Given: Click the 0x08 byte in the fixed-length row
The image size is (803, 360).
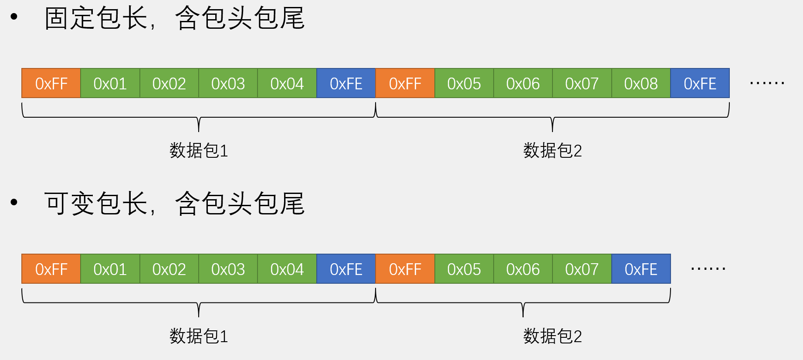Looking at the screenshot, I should coord(640,83).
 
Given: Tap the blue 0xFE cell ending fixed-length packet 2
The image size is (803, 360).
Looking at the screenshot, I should coord(700,83).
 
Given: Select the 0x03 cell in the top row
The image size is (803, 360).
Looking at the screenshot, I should coord(228,83).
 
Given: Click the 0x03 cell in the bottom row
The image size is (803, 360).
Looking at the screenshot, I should coord(228,269).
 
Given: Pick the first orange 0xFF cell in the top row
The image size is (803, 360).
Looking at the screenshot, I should coord(51,83).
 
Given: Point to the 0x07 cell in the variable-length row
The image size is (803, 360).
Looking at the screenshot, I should coord(582,269).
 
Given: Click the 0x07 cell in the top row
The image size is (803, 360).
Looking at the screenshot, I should coord(582,83).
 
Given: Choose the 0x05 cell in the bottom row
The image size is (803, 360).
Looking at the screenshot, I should coord(464,269).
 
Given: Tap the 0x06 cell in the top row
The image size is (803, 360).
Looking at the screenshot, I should coord(523,83).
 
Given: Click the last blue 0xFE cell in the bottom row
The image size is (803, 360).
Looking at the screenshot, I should coord(641,269).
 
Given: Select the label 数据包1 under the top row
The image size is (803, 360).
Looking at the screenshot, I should coord(199,150).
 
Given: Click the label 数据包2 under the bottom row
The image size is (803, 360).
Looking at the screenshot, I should coord(552,336).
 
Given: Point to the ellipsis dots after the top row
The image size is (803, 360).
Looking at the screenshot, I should coord(767,82).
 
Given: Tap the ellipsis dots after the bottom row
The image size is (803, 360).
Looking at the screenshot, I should coord(708,268).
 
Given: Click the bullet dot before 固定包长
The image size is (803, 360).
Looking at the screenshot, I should coord(14,17).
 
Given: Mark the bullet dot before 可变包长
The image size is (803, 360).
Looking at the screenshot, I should coord(14,202).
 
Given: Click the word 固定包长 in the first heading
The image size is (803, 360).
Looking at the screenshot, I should coord(96,18).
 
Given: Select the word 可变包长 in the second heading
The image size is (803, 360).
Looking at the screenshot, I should coord(96,204).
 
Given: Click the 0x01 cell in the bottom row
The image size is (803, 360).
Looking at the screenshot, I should coord(110,269).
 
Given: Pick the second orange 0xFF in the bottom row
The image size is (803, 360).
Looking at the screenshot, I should coord(405,269).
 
